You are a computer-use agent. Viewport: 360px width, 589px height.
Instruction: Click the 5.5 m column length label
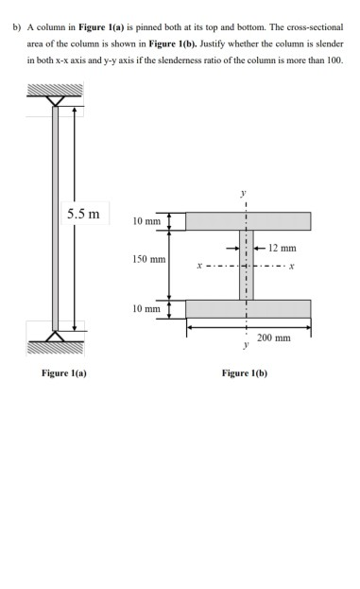pyautogui.click(x=82, y=213)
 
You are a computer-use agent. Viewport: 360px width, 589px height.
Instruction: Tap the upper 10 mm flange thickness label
pyautogui.click(x=146, y=221)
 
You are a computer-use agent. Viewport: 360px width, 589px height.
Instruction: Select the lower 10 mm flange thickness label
pyautogui.click(x=146, y=308)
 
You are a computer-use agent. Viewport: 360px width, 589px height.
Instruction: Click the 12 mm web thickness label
pyautogui.click(x=282, y=248)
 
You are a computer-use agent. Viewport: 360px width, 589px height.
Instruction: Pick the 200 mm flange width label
pyautogui.click(x=277, y=338)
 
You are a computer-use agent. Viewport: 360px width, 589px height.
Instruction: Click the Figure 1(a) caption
pyautogui.click(x=63, y=373)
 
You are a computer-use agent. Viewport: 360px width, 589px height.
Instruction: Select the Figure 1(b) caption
pyautogui.click(x=244, y=373)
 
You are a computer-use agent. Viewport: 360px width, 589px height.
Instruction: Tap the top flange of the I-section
pyautogui.click(x=248, y=221)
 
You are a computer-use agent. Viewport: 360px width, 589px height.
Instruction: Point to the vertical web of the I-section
pyautogui.click(x=247, y=265)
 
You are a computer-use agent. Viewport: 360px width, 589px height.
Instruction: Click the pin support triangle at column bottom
pyautogui.click(x=55, y=336)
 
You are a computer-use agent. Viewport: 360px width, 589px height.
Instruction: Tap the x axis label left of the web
pyautogui.click(x=198, y=265)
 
